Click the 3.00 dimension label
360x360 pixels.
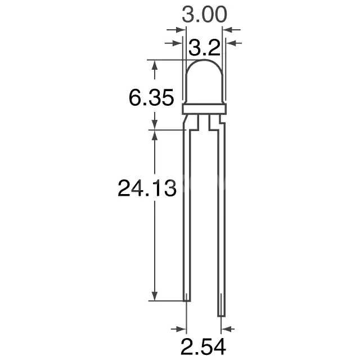204,15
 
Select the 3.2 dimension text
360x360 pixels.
204,48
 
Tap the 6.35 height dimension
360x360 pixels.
151,97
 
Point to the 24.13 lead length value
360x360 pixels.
147,188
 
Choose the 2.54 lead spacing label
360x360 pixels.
204,346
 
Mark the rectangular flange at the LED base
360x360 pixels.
204,109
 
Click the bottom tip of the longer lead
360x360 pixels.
221,316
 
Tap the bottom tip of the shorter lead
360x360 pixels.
187,300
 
